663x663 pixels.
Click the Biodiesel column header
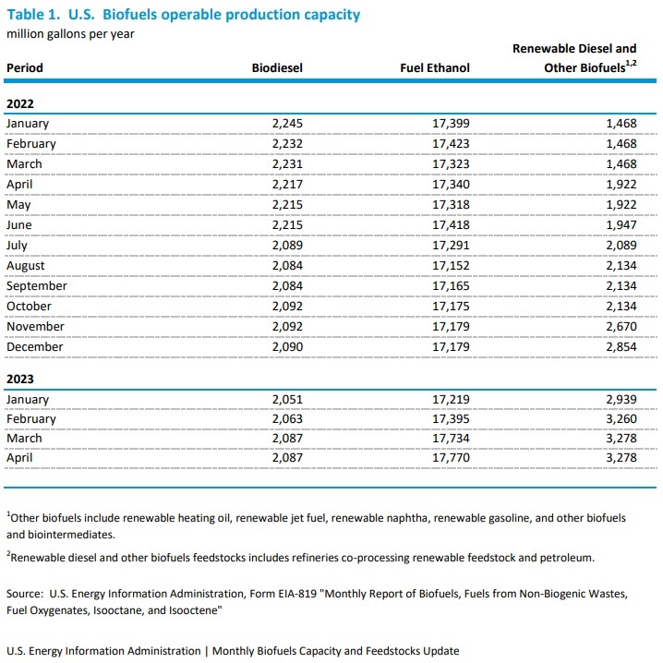[277, 67]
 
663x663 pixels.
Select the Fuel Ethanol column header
[435, 67]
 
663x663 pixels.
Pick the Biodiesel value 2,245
[287, 124]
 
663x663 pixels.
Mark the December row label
[34, 347]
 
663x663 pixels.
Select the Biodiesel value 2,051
[287, 399]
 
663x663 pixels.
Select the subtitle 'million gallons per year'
[70, 34]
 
